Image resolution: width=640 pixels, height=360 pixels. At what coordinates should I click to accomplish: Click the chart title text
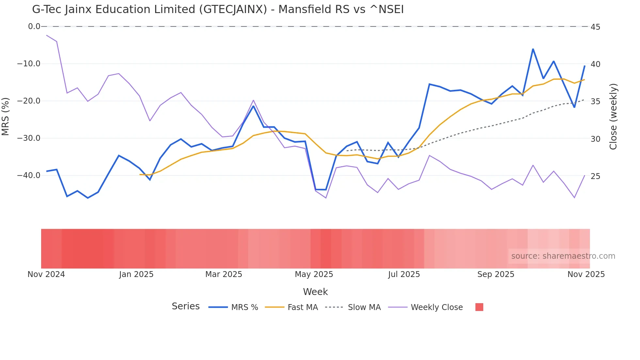(218, 9)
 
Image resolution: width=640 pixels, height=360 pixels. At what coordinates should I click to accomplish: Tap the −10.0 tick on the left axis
(29, 64)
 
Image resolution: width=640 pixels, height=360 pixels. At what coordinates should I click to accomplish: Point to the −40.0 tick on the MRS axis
(29, 175)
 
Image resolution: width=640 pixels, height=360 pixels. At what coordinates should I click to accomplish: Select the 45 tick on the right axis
(595, 27)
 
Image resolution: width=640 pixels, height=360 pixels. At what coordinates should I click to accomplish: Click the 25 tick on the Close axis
(595, 176)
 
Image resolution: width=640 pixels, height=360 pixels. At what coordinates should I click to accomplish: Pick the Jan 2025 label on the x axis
(136, 274)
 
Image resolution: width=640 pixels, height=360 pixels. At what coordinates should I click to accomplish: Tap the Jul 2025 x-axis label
(404, 274)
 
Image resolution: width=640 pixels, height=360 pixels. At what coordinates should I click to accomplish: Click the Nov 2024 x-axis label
(46, 274)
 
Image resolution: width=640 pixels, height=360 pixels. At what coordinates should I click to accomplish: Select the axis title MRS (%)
(6, 116)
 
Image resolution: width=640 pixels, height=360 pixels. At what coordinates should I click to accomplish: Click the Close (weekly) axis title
(613, 116)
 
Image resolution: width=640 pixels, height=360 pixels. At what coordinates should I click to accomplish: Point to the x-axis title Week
(315, 292)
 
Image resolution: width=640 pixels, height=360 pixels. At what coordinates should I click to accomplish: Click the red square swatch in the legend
(479, 307)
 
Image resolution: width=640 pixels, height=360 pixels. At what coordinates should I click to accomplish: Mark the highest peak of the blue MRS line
(533, 49)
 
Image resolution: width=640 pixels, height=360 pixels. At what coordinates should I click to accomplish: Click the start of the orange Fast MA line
(140, 174)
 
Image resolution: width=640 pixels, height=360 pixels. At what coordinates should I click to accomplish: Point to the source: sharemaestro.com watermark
(563, 256)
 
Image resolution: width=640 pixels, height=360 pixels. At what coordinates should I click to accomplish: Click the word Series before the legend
(185, 306)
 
